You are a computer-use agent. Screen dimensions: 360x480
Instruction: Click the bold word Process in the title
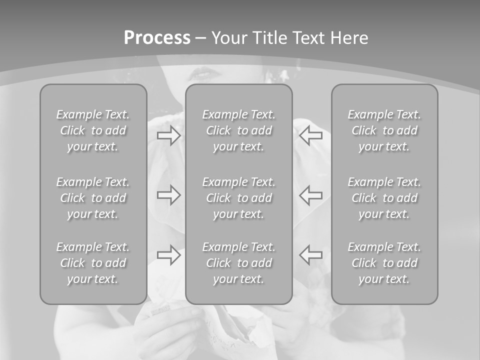point(157,38)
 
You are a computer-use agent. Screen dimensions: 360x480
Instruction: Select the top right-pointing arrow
point(168,135)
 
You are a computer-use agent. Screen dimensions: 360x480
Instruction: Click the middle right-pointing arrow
point(168,195)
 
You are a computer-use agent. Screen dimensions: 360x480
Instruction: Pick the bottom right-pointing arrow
point(168,255)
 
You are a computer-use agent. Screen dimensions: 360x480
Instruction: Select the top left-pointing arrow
point(311,135)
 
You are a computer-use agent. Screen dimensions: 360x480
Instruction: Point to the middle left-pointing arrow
point(311,195)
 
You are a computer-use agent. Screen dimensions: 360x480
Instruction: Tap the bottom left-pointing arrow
point(311,255)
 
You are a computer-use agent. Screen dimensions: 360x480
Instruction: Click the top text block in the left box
point(93,130)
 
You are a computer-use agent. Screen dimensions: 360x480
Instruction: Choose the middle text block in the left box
point(93,198)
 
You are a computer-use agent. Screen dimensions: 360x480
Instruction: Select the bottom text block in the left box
point(93,263)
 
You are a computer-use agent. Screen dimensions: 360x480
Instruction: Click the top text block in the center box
point(238,130)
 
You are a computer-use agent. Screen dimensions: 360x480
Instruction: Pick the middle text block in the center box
point(238,198)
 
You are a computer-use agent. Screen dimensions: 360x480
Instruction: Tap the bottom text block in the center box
point(238,263)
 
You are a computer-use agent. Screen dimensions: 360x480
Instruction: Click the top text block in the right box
point(384,130)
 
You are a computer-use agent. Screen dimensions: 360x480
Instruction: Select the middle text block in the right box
point(384,198)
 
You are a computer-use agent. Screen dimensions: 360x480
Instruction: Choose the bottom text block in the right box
point(384,263)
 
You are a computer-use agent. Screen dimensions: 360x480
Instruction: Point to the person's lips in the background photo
point(201,73)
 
